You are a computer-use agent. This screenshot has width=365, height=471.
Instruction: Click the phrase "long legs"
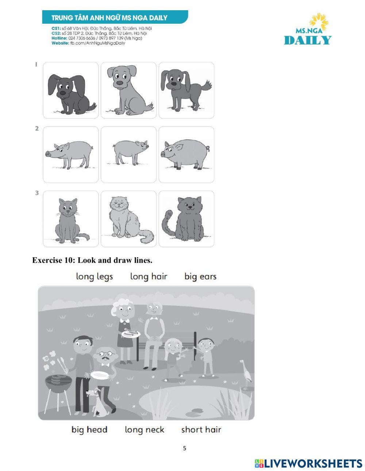[95, 277]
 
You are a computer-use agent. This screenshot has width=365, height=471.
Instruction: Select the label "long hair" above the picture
[149, 276]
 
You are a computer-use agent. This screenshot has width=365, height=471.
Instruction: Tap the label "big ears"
[200, 277]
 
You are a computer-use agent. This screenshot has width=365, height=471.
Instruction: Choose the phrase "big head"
[89, 430]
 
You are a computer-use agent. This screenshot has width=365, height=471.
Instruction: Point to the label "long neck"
[145, 430]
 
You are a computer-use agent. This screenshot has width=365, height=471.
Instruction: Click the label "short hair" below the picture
[201, 430]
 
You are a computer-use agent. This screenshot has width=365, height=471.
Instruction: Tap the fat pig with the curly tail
[185, 154]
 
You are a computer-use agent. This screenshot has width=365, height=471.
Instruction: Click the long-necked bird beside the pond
[246, 375]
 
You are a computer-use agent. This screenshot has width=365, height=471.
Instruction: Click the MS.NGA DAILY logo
[308, 29]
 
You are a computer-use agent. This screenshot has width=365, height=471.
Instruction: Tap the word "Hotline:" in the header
[59, 38]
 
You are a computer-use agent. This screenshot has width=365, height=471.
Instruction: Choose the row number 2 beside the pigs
[37, 128]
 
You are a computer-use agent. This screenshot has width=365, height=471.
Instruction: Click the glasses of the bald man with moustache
[106, 354]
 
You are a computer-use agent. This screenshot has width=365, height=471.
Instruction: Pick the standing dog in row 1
[186, 90]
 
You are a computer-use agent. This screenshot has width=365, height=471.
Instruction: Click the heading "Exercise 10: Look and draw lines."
[92, 260]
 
